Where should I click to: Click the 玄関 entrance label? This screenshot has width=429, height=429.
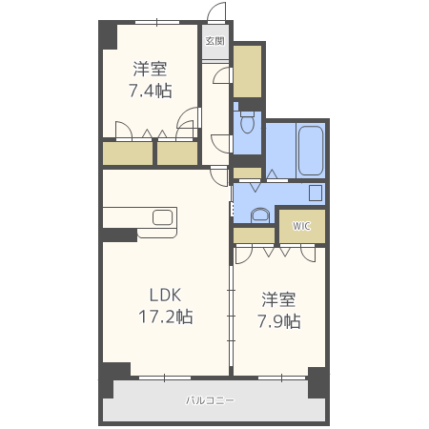(x=215, y=41)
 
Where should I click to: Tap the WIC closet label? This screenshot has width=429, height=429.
(x=301, y=226)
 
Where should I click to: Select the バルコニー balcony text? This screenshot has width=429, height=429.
(x=210, y=400)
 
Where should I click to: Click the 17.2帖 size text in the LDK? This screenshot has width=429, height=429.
(x=166, y=317)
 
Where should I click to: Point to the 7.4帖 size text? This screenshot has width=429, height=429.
(x=151, y=91)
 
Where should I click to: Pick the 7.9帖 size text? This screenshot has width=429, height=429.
(x=279, y=321)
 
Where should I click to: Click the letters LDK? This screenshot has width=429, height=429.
(x=166, y=296)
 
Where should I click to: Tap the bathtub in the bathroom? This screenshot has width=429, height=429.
(x=311, y=151)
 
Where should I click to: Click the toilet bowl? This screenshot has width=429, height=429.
(x=247, y=122)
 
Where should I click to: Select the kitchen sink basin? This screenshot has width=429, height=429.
(x=163, y=217)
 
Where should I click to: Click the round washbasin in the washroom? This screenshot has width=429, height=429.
(x=260, y=216)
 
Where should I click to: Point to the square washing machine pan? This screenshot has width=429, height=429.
(x=316, y=194)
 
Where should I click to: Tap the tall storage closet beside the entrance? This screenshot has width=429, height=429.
(x=247, y=71)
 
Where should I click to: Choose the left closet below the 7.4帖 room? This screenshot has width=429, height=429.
(x=128, y=153)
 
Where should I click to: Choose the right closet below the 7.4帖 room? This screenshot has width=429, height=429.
(x=177, y=153)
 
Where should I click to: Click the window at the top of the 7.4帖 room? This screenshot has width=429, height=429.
(x=157, y=22)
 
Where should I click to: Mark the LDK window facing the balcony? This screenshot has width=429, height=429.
(x=165, y=378)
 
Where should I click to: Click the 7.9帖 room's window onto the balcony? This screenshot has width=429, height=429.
(x=281, y=378)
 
